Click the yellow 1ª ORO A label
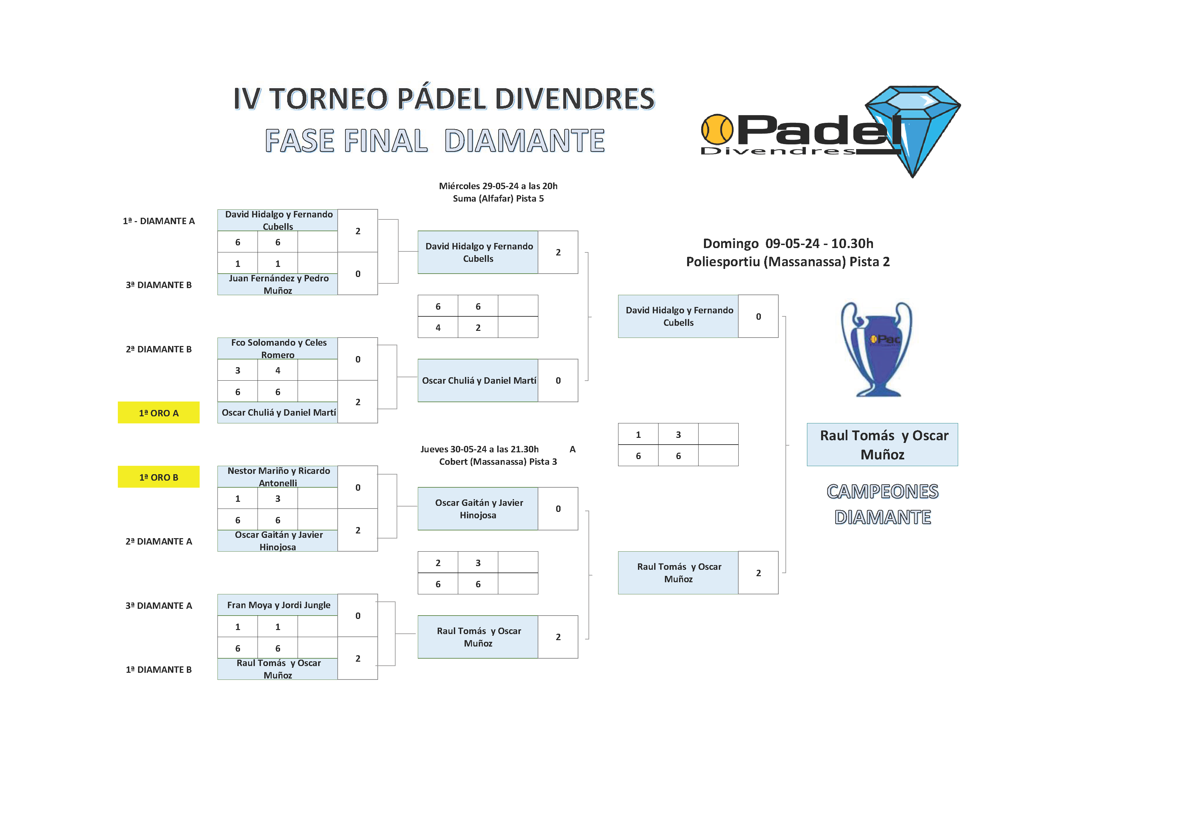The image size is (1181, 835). [159, 413]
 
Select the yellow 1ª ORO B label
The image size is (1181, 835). [159, 477]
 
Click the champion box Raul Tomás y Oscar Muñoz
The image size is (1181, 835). [882, 445]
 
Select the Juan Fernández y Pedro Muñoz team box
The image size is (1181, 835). [278, 284]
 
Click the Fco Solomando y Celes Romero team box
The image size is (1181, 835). [278, 349]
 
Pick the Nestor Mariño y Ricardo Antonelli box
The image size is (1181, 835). [278, 477]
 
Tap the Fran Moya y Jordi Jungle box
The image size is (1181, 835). [278, 605]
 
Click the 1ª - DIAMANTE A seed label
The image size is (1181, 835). [159, 221]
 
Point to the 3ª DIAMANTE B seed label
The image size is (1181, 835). [159, 285]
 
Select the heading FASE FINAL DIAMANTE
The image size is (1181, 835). [435, 141]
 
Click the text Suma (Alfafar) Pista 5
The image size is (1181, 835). [498, 199]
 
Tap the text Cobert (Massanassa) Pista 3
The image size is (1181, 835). [498, 462]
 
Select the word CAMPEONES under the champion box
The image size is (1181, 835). [882, 491]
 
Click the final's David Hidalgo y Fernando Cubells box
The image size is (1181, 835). [678, 316]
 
